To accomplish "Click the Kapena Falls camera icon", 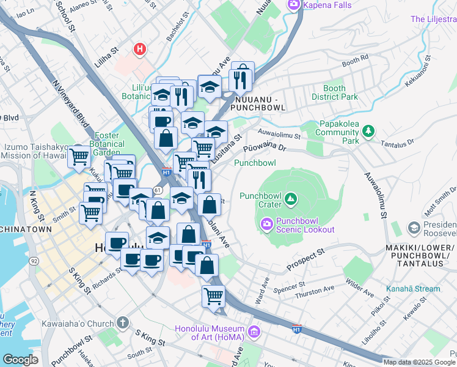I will (294, 6).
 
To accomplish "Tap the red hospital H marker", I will (141, 49).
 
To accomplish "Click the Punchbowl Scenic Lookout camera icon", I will (266, 224).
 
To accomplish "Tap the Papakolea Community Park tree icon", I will (368, 131).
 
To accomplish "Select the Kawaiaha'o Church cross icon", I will (123, 323).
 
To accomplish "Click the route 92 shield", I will (34, 261).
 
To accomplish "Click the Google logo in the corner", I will (21, 360).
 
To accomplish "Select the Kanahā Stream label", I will (412, 289).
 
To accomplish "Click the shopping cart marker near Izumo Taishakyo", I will (79, 156).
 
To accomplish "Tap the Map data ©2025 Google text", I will (419, 362).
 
